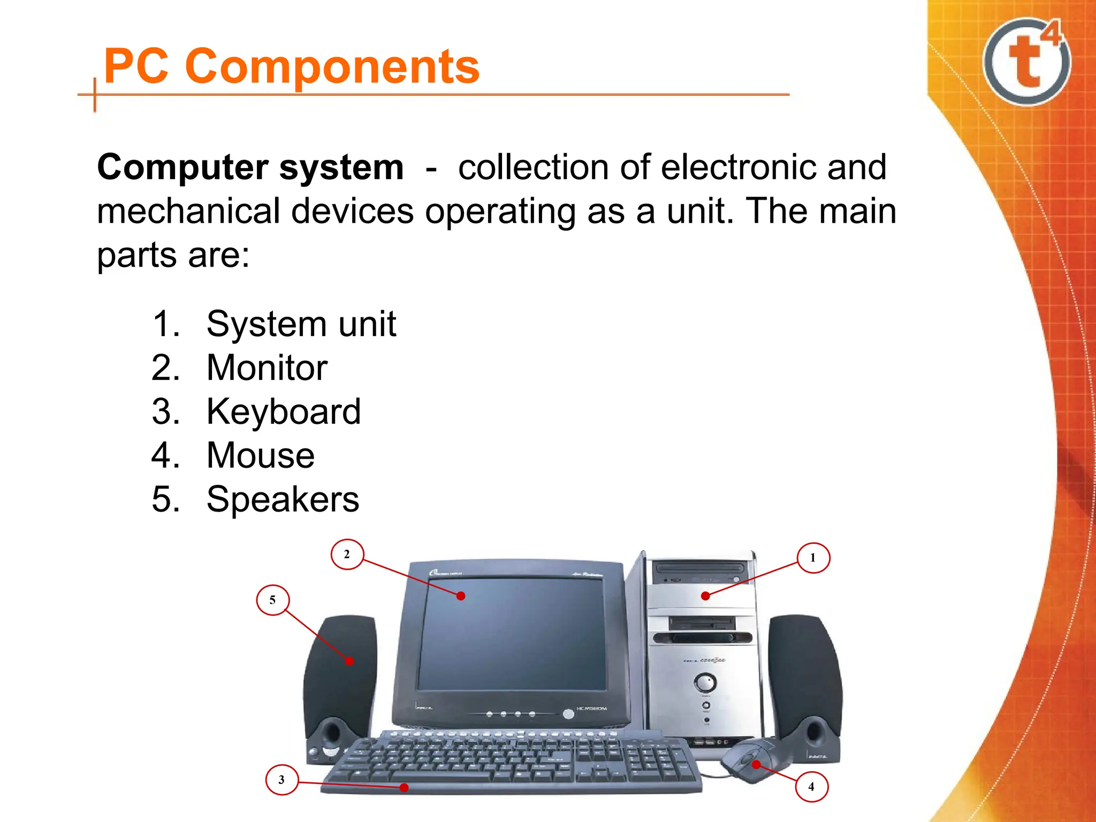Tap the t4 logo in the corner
1026,62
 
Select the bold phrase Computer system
250,168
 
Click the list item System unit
301,324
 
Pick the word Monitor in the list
267,368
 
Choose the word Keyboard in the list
284,412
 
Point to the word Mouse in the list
261,455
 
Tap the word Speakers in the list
283,499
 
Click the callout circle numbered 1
813,558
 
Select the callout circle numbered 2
347,554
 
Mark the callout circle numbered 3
281,780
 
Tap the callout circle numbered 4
811,786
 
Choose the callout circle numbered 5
272,600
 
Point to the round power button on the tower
705,683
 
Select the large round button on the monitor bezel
568,714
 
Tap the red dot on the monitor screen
461,596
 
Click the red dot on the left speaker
349,661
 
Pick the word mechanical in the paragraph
188,211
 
